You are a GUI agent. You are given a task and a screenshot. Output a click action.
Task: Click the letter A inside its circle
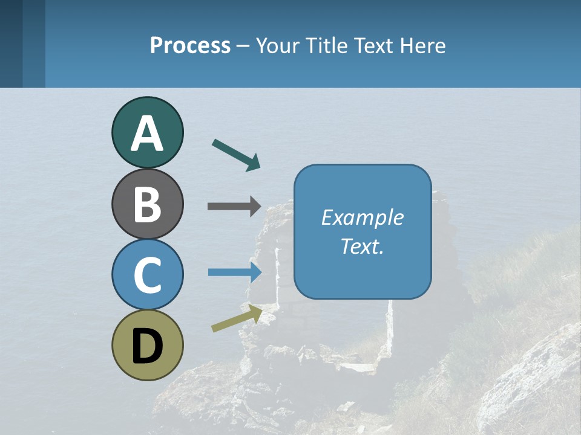click(147, 134)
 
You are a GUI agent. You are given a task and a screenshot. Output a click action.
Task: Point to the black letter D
click(147, 347)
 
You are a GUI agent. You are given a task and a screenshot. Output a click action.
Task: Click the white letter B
click(147, 205)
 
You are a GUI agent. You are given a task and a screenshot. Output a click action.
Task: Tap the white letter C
click(147, 275)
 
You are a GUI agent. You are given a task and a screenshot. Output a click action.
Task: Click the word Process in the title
click(190, 45)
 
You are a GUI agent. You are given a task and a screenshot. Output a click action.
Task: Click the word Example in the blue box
click(362, 217)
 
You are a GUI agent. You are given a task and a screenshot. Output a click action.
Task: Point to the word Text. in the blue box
click(362, 246)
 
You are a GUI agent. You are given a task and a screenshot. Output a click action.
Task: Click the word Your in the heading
click(277, 45)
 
